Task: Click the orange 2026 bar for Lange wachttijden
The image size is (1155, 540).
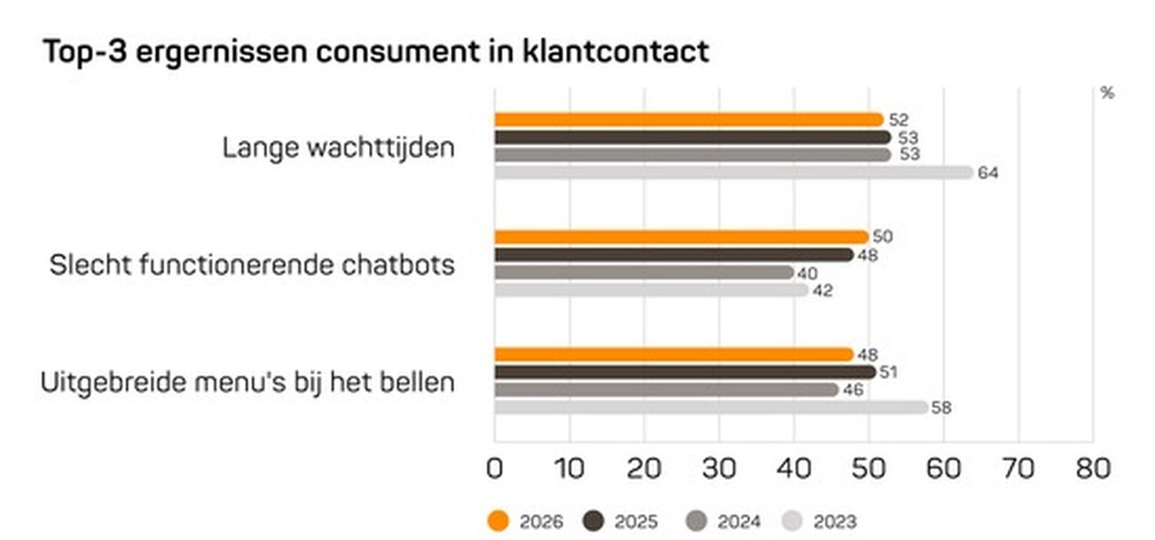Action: tap(688, 120)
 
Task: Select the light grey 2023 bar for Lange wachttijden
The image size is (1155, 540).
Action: tap(733, 172)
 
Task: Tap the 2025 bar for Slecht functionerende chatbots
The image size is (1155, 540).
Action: tap(673, 254)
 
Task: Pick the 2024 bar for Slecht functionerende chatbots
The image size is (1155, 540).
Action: tap(643, 272)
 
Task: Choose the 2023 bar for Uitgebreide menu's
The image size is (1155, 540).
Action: tap(711, 408)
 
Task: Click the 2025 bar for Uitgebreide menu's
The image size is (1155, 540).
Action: tap(684, 372)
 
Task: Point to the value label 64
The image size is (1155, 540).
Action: tap(987, 173)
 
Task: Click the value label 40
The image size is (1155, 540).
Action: tap(807, 273)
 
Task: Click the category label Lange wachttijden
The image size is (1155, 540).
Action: tap(338, 147)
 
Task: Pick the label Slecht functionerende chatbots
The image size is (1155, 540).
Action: tap(252, 264)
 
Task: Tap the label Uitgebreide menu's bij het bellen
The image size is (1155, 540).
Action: tap(247, 383)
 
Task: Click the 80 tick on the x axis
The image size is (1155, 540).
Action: tap(1092, 468)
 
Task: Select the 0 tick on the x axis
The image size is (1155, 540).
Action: tap(495, 468)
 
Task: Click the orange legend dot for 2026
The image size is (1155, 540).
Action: tap(500, 521)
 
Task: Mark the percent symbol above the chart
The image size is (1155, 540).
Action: tap(1106, 93)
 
